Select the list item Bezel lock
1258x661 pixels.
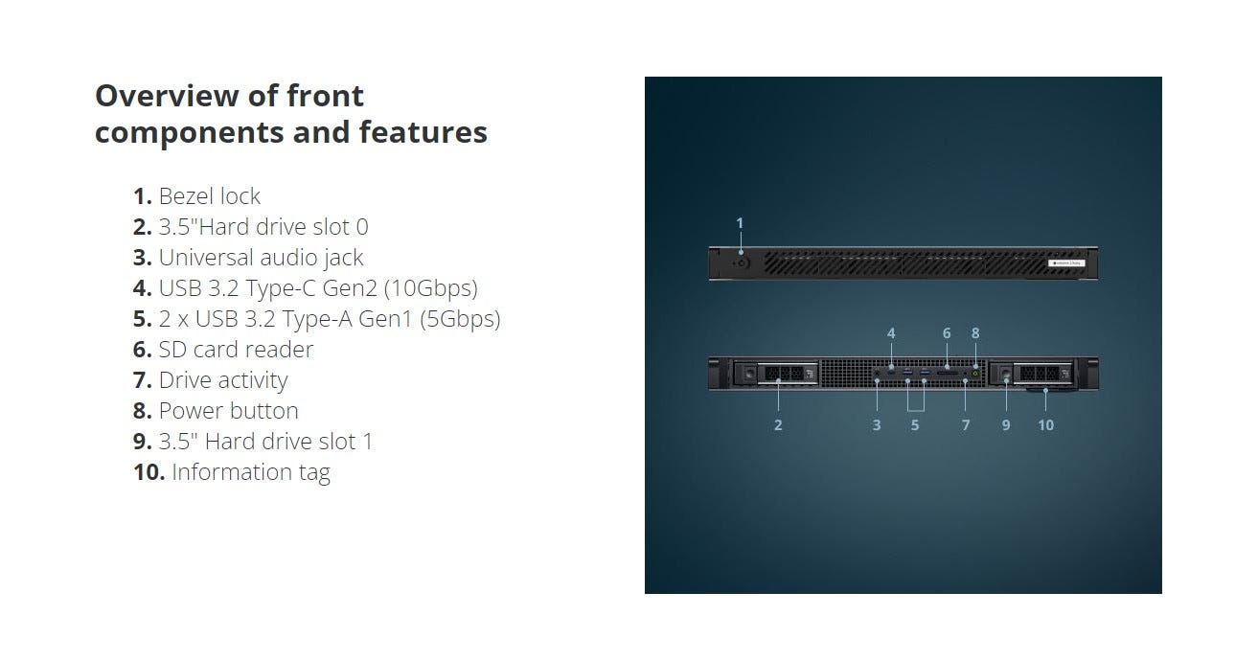point(196,196)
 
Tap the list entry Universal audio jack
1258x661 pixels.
point(248,258)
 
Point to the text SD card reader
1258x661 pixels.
point(223,350)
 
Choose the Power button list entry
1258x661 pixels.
point(216,411)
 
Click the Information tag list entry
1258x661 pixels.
point(231,472)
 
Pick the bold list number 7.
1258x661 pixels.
point(142,380)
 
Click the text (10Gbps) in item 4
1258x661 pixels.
point(431,288)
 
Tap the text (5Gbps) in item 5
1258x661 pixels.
point(460,320)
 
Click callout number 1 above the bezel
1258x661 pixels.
point(740,223)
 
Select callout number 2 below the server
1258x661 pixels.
point(778,425)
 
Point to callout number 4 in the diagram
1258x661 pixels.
point(891,333)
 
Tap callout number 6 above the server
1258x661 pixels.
point(947,333)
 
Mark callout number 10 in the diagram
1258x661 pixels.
point(1045,425)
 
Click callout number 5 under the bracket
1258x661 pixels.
point(915,425)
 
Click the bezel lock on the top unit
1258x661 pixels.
point(742,262)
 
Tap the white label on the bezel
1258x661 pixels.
point(1066,262)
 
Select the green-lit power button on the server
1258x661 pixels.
point(975,373)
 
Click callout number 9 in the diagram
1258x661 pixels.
point(1006,425)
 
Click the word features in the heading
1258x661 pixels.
point(423,132)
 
